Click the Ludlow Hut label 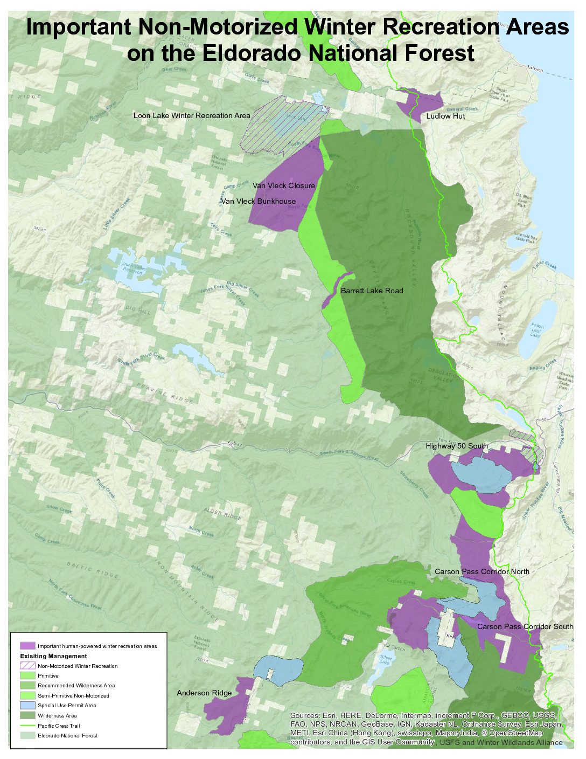(445, 116)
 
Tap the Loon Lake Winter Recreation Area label (192, 115)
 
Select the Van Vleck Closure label (284, 185)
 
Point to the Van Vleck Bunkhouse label (259, 201)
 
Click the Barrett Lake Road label (372, 291)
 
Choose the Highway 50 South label (457, 446)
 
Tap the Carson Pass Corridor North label (482, 571)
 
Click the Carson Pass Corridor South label (525, 626)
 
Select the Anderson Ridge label (204, 693)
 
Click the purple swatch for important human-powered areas (27, 646)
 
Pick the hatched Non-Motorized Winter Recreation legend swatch (27, 666)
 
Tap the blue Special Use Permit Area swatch (27, 705)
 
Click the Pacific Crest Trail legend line (27, 726)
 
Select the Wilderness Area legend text (57, 716)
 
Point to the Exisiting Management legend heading (53, 656)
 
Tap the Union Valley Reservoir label (134, 268)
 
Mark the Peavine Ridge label (165, 393)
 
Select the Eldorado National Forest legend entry (67, 735)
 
